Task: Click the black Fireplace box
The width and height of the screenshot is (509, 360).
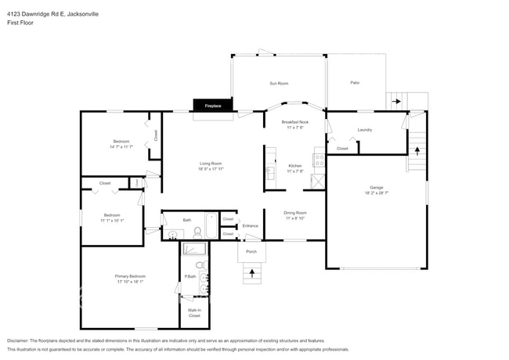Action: click(x=213, y=106)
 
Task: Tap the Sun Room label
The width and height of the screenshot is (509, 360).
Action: click(x=279, y=83)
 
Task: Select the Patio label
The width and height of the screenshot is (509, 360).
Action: click(x=355, y=83)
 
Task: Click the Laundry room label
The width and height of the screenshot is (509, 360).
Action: click(x=365, y=130)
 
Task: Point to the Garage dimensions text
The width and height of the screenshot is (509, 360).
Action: click(x=377, y=193)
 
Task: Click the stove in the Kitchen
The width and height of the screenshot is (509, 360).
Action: click(x=319, y=160)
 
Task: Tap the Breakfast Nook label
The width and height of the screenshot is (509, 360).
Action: click(x=295, y=122)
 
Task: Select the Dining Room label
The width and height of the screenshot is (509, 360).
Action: click(x=295, y=213)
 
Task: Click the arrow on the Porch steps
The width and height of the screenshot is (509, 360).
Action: click(x=251, y=273)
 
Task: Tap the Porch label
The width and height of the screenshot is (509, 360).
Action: click(x=251, y=252)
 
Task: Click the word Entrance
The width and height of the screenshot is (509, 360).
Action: click(x=251, y=226)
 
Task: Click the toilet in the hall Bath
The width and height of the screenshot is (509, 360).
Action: click(x=197, y=232)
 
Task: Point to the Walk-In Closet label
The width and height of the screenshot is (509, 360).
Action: click(x=194, y=313)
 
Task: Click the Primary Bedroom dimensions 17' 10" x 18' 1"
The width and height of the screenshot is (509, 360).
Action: click(x=131, y=282)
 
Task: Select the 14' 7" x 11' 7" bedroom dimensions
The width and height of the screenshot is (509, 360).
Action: click(x=121, y=147)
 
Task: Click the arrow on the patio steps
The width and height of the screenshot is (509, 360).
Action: click(x=396, y=101)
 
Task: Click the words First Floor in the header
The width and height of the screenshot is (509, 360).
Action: click(x=20, y=23)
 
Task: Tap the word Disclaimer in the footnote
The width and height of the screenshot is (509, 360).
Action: click(x=20, y=341)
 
